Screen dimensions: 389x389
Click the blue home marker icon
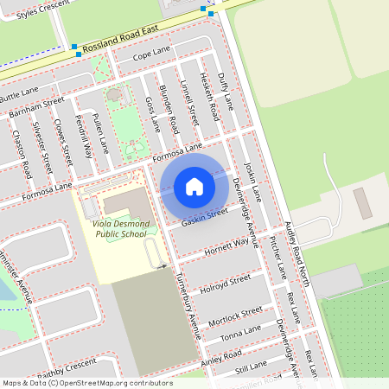point(194,186)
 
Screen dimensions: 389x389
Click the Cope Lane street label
point(152,54)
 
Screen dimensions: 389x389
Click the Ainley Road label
point(223,356)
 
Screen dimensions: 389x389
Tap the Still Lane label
point(252,369)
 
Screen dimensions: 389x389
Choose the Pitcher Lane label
point(278,258)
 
